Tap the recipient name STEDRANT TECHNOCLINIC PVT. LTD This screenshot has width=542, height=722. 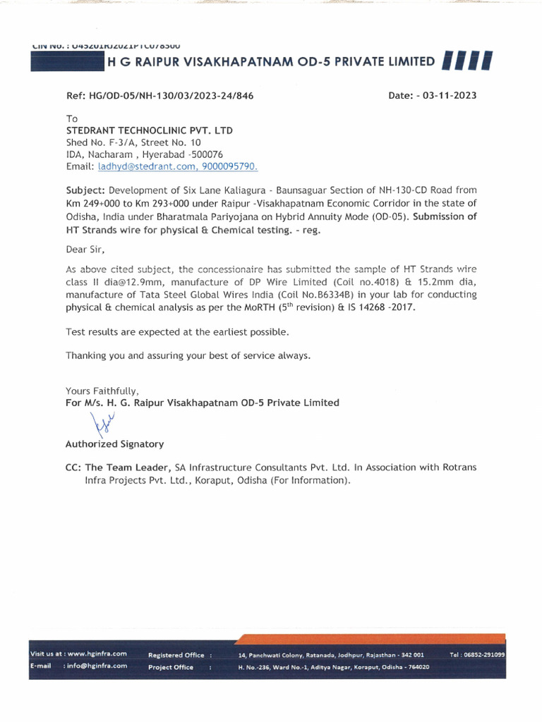tap(149, 130)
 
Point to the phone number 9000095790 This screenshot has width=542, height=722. tap(233, 166)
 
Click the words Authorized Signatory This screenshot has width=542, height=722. tap(114, 444)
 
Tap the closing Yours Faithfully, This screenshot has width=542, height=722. tap(102, 391)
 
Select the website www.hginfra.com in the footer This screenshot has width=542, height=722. tap(97, 654)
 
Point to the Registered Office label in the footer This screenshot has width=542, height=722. tap(176, 655)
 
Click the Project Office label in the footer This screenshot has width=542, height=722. tap(171, 667)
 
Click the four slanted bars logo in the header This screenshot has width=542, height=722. tap(466, 62)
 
